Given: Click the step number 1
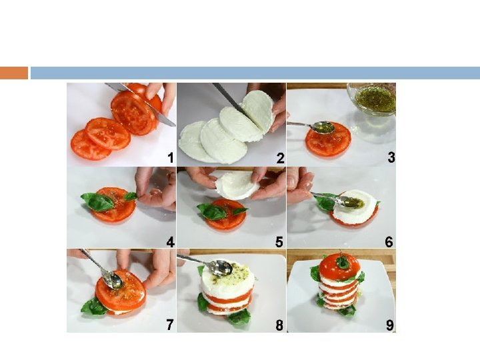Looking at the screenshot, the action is point(171,158).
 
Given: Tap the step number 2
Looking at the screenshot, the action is point(280,158).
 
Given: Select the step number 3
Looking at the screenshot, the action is point(391,157).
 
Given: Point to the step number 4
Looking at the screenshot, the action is point(171,242).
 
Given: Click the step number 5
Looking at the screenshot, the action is point(279,242).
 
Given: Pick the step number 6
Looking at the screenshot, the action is point(389,242).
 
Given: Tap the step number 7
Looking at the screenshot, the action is point(170,325).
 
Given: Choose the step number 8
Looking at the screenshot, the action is point(279,325).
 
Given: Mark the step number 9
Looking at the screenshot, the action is point(389,325).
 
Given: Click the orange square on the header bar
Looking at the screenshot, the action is point(14,73).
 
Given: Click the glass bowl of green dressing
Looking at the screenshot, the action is point(371,99).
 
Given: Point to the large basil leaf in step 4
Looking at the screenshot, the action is point(97,202).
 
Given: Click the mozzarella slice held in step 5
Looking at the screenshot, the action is point(237,185).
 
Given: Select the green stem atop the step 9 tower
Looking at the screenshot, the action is point(343,262).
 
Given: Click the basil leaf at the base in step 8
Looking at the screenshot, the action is point(239,318).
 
